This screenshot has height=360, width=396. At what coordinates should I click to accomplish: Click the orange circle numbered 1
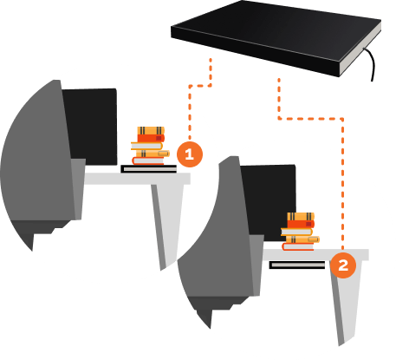coord(190,154)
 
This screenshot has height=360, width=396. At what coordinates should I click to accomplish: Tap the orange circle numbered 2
coord(343,265)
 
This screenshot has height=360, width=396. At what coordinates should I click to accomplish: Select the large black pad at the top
coord(276,37)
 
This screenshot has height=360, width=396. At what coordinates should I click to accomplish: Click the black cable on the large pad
coord(371,62)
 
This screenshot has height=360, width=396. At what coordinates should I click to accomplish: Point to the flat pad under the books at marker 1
coord(149,169)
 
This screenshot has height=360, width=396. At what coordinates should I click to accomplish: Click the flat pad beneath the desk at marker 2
coord(297,265)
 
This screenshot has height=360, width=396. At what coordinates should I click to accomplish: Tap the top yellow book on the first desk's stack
coord(151,131)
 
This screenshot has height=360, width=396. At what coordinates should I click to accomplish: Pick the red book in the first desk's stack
coord(151,139)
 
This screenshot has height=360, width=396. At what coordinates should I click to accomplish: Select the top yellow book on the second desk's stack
coord(301,217)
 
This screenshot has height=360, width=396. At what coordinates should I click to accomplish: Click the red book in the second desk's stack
coord(301,224)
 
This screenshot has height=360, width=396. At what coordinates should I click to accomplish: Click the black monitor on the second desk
coord(269,202)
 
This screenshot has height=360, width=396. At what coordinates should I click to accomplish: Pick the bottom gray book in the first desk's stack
coord(148,160)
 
